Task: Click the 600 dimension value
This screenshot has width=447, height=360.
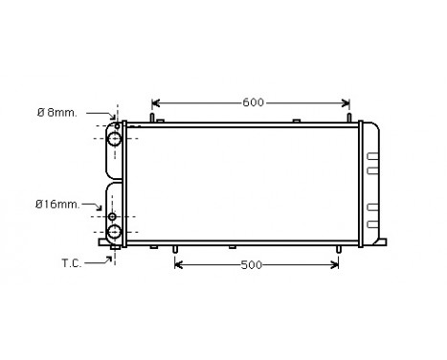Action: click(252, 102)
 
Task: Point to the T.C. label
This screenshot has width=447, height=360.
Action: click(72, 262)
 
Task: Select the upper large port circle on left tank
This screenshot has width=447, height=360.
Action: click(115, 140)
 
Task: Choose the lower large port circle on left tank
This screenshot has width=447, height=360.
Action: click(115, 232)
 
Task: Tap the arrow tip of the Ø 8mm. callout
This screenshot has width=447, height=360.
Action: click(111, 122)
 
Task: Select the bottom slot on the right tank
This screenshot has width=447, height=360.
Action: click(373, 225)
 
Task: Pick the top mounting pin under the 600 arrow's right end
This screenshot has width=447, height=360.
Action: click(348, 119)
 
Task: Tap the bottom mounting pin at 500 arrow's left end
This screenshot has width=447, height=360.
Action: click(175, 249)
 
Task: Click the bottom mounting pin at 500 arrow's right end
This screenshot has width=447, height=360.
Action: click(338, 249)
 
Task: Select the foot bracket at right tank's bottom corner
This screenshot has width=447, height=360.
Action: click(381, 241)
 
